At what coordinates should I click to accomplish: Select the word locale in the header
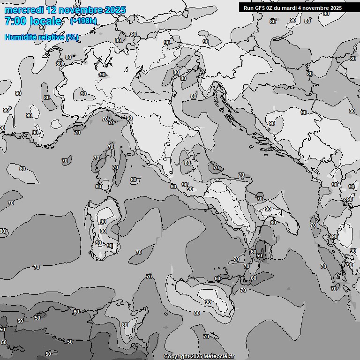pos(45,21)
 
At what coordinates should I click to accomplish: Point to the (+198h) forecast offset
pos(83,21)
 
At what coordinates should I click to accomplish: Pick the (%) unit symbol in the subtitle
pos(72,37)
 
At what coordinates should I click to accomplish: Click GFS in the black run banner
pos(259,8)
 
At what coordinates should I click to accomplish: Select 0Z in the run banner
pos(270,8)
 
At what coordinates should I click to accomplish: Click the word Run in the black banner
pos(249,8)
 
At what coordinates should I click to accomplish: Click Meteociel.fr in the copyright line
pos(218,357)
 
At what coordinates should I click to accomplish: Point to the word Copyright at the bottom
pos(176,357)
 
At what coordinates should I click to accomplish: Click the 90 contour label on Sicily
pos(208,302)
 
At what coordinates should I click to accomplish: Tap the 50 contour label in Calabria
pos(259,255)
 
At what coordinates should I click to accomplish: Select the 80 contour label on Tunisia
pos(124,325)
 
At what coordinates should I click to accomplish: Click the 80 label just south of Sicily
pos(196,313)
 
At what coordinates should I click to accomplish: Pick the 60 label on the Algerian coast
pos(76,312)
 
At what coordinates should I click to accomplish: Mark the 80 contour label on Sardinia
pos(103,231)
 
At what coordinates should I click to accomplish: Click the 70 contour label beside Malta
pos(206,337)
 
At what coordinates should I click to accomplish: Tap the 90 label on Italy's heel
pos(268,209)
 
